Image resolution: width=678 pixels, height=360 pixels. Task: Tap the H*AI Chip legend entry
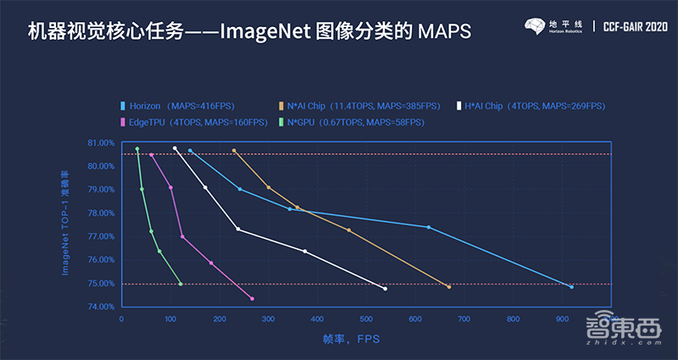click(x=531, y=106)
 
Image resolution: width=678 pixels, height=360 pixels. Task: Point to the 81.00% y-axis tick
click(x=101, y=143)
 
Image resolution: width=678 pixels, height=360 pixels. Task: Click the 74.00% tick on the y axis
click(x=101, y=307)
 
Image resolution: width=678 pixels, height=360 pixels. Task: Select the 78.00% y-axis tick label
click(x=101, y=213)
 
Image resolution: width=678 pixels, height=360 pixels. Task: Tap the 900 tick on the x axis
click(x=561, y=319)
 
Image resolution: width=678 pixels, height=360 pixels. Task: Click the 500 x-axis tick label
click(x=366, y=319)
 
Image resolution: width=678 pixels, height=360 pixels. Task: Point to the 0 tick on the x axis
click(x=122, y=319)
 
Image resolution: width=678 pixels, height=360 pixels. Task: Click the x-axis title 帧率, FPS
click(x=349, y=339)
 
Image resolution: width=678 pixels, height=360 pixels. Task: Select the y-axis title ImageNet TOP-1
click(x=66, y=224)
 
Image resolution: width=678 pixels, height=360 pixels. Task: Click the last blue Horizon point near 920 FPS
click(x=571, y=287)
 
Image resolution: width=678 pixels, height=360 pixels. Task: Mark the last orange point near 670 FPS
click(x=448, y=287)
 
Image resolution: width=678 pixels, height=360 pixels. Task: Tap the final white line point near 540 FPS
click(x=386, y=289)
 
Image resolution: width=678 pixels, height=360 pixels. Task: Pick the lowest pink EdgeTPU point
click(x=253, y=298)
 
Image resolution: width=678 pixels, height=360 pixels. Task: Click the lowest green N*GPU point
click(x=181, y=284)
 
